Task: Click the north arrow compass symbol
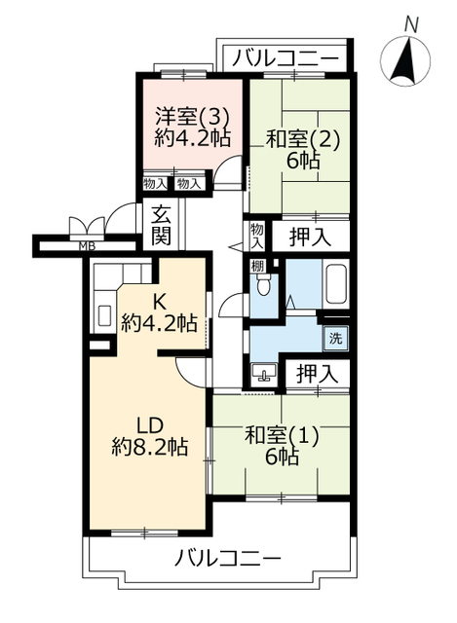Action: point(405,60)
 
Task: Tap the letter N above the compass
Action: point(411,25)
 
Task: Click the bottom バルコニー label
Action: point(228,558)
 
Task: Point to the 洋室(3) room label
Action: point(192,117)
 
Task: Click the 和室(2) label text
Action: point(302,139)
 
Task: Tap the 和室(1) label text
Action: point(282,436)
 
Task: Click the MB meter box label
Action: point(87,246)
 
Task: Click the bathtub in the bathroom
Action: point(336,283)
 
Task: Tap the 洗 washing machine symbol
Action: point(335,339)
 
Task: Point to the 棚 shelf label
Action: point(258,266)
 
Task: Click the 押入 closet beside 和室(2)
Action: point(310,238)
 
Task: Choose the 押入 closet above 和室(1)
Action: point(318,374)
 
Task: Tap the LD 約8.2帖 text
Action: point(150,436)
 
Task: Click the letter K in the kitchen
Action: point(160,303)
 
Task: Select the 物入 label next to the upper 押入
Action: point(257,237)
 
